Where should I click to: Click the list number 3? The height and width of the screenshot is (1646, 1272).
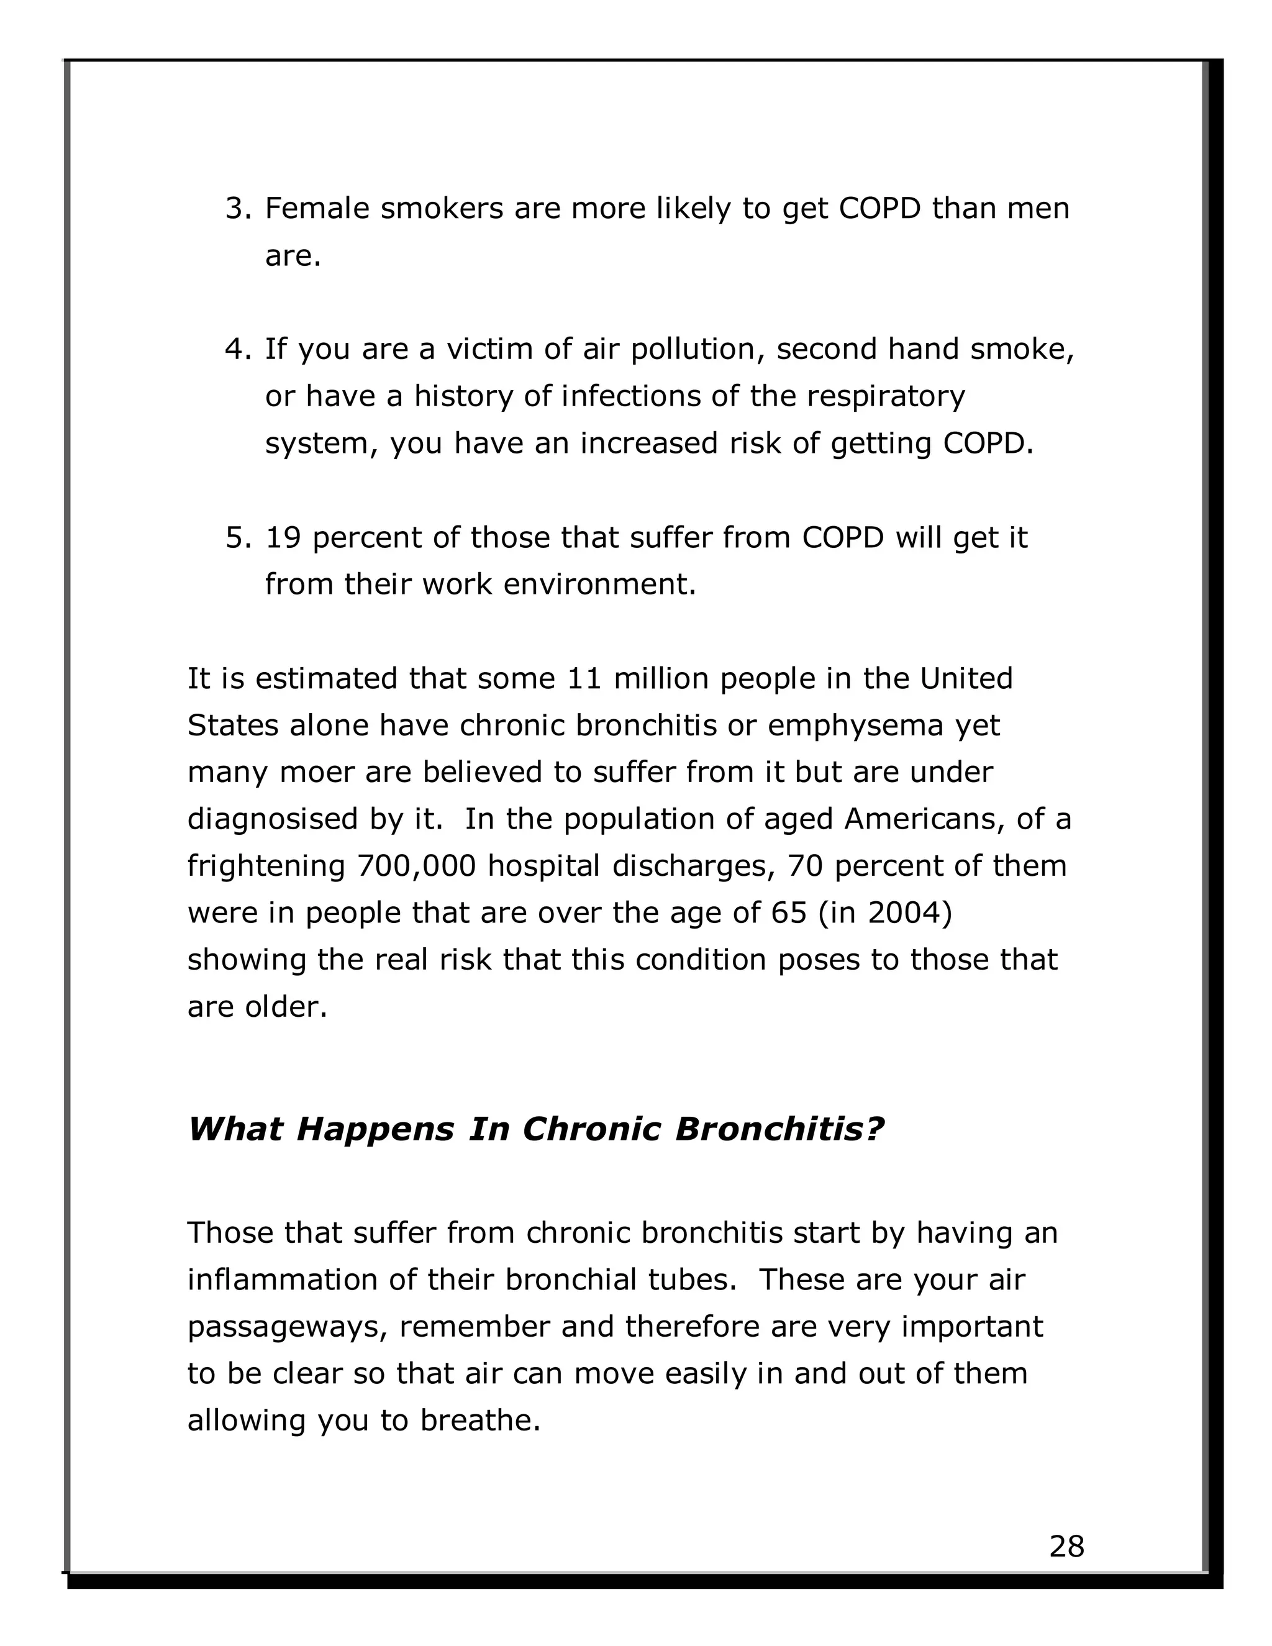tap(237, 209)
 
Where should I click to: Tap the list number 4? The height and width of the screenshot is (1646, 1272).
tap(237, 350)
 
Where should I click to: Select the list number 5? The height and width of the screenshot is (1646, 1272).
tap(237, 538)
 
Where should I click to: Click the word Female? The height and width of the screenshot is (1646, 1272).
tap(317, 209)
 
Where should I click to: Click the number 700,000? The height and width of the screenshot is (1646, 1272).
tap(416, 866)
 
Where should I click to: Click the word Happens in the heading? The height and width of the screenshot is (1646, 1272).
tap(375, 1129)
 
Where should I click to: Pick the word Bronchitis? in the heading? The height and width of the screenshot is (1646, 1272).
tap(779, 1129)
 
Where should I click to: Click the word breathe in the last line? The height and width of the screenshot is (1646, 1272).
tap(480, 1421)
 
